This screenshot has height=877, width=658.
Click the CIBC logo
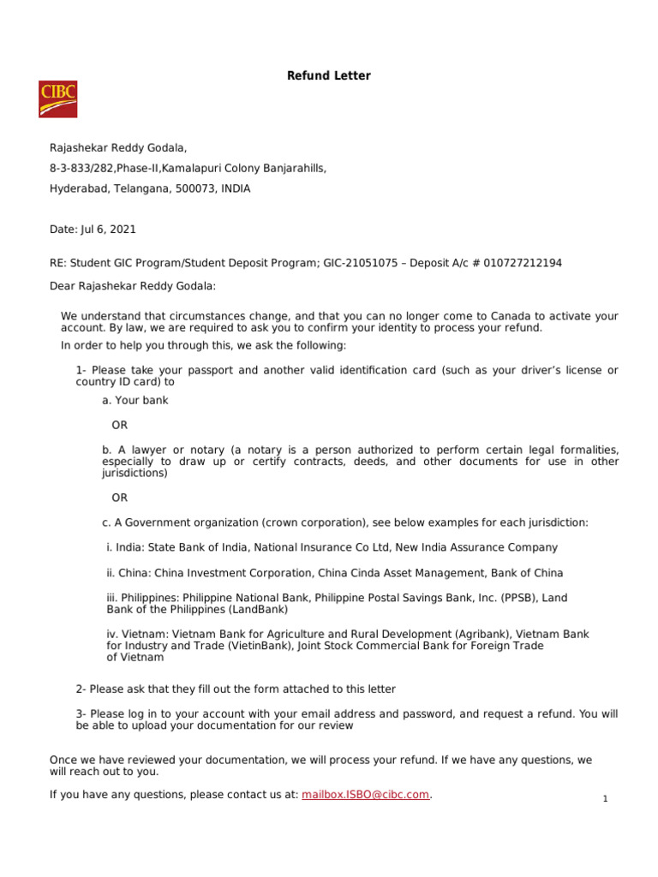tap(57, 98)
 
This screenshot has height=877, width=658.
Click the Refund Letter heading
tap(328, 76)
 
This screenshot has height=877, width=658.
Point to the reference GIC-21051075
tap(360, 263)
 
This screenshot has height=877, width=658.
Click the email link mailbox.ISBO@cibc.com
tap(365, 795)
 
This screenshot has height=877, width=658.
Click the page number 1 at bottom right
tap(605, 799)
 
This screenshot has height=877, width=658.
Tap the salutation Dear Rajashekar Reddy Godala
tap(133, 286)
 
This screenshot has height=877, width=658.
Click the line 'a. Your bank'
tap(135, 400)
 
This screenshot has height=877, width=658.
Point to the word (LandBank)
tap(258, 610)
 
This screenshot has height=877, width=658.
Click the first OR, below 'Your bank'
tap(119, 425)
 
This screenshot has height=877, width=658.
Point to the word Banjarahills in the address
tap(293, 169)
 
